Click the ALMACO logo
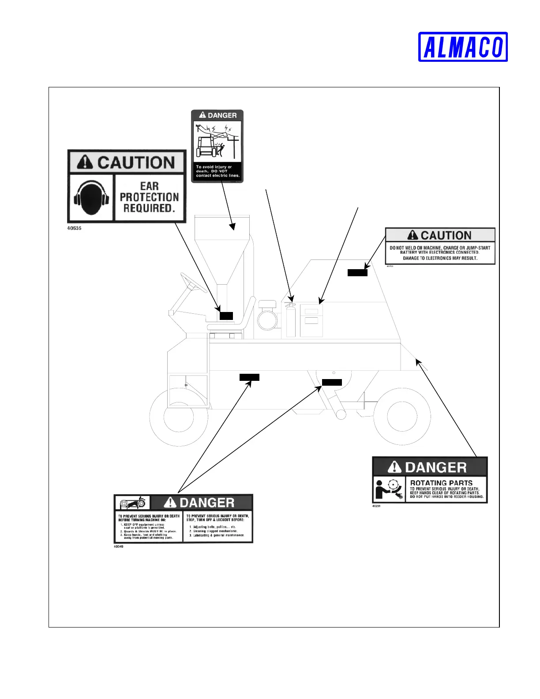coord(463,47)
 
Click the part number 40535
coord(74,228)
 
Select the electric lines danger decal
coord(217,146)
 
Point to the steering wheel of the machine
coord(193,282)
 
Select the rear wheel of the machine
coord(401,416)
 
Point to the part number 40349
coord(118,546)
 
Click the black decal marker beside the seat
coord(226,316)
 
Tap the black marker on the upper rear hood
coord(357,273)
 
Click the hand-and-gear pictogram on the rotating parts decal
coord(389,489)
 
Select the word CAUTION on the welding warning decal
coord(446,235)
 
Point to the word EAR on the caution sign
coord(149,186)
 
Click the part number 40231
coord(376,506)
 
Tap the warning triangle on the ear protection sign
coord(84,162)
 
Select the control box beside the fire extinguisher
coord(311,320)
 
